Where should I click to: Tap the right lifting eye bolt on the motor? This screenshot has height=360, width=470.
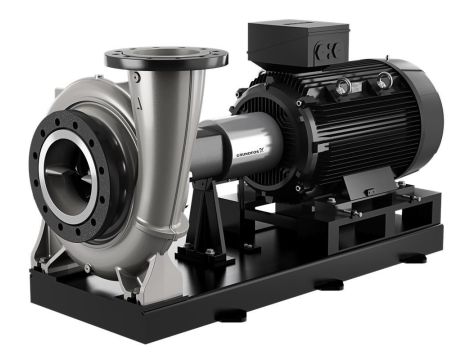(x=384, y=80)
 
